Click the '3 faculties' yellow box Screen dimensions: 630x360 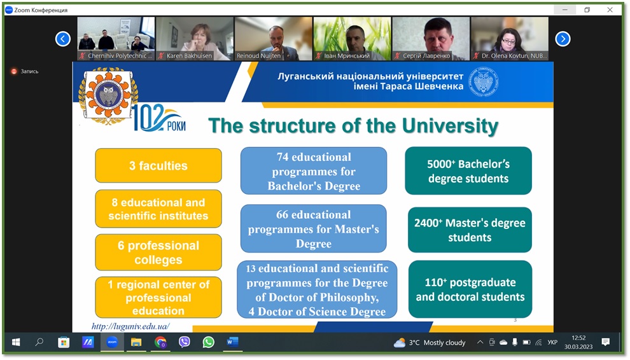(x=158, y=165)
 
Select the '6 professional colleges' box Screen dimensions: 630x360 (x=158, y=253)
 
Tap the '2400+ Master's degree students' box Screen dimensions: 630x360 (x=470, y=230)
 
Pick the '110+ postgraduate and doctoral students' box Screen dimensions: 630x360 (x=470, y=289)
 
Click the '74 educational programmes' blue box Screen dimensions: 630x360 (x=314, y=171)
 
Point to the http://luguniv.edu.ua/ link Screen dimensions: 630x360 (x=130, y=326)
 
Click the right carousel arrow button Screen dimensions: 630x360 (x=563, y=39)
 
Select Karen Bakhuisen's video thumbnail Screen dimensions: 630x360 (x=195, y=39)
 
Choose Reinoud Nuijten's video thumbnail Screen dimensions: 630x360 (x=273, y=39)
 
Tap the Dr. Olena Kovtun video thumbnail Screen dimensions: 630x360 (x=510, y=39)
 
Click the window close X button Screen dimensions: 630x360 (x=610, y=10)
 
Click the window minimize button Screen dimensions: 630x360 (x=565, y=10)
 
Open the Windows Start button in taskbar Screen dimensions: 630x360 (x=16, y=342)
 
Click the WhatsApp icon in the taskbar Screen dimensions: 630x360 (x=209, y=342)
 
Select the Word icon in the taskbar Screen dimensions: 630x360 (x=233, y=342)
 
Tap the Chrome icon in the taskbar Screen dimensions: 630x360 (x=160, y=342)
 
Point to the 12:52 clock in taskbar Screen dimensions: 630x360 (x=578, y=338)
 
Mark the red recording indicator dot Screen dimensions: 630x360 (x=14, y=71)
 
